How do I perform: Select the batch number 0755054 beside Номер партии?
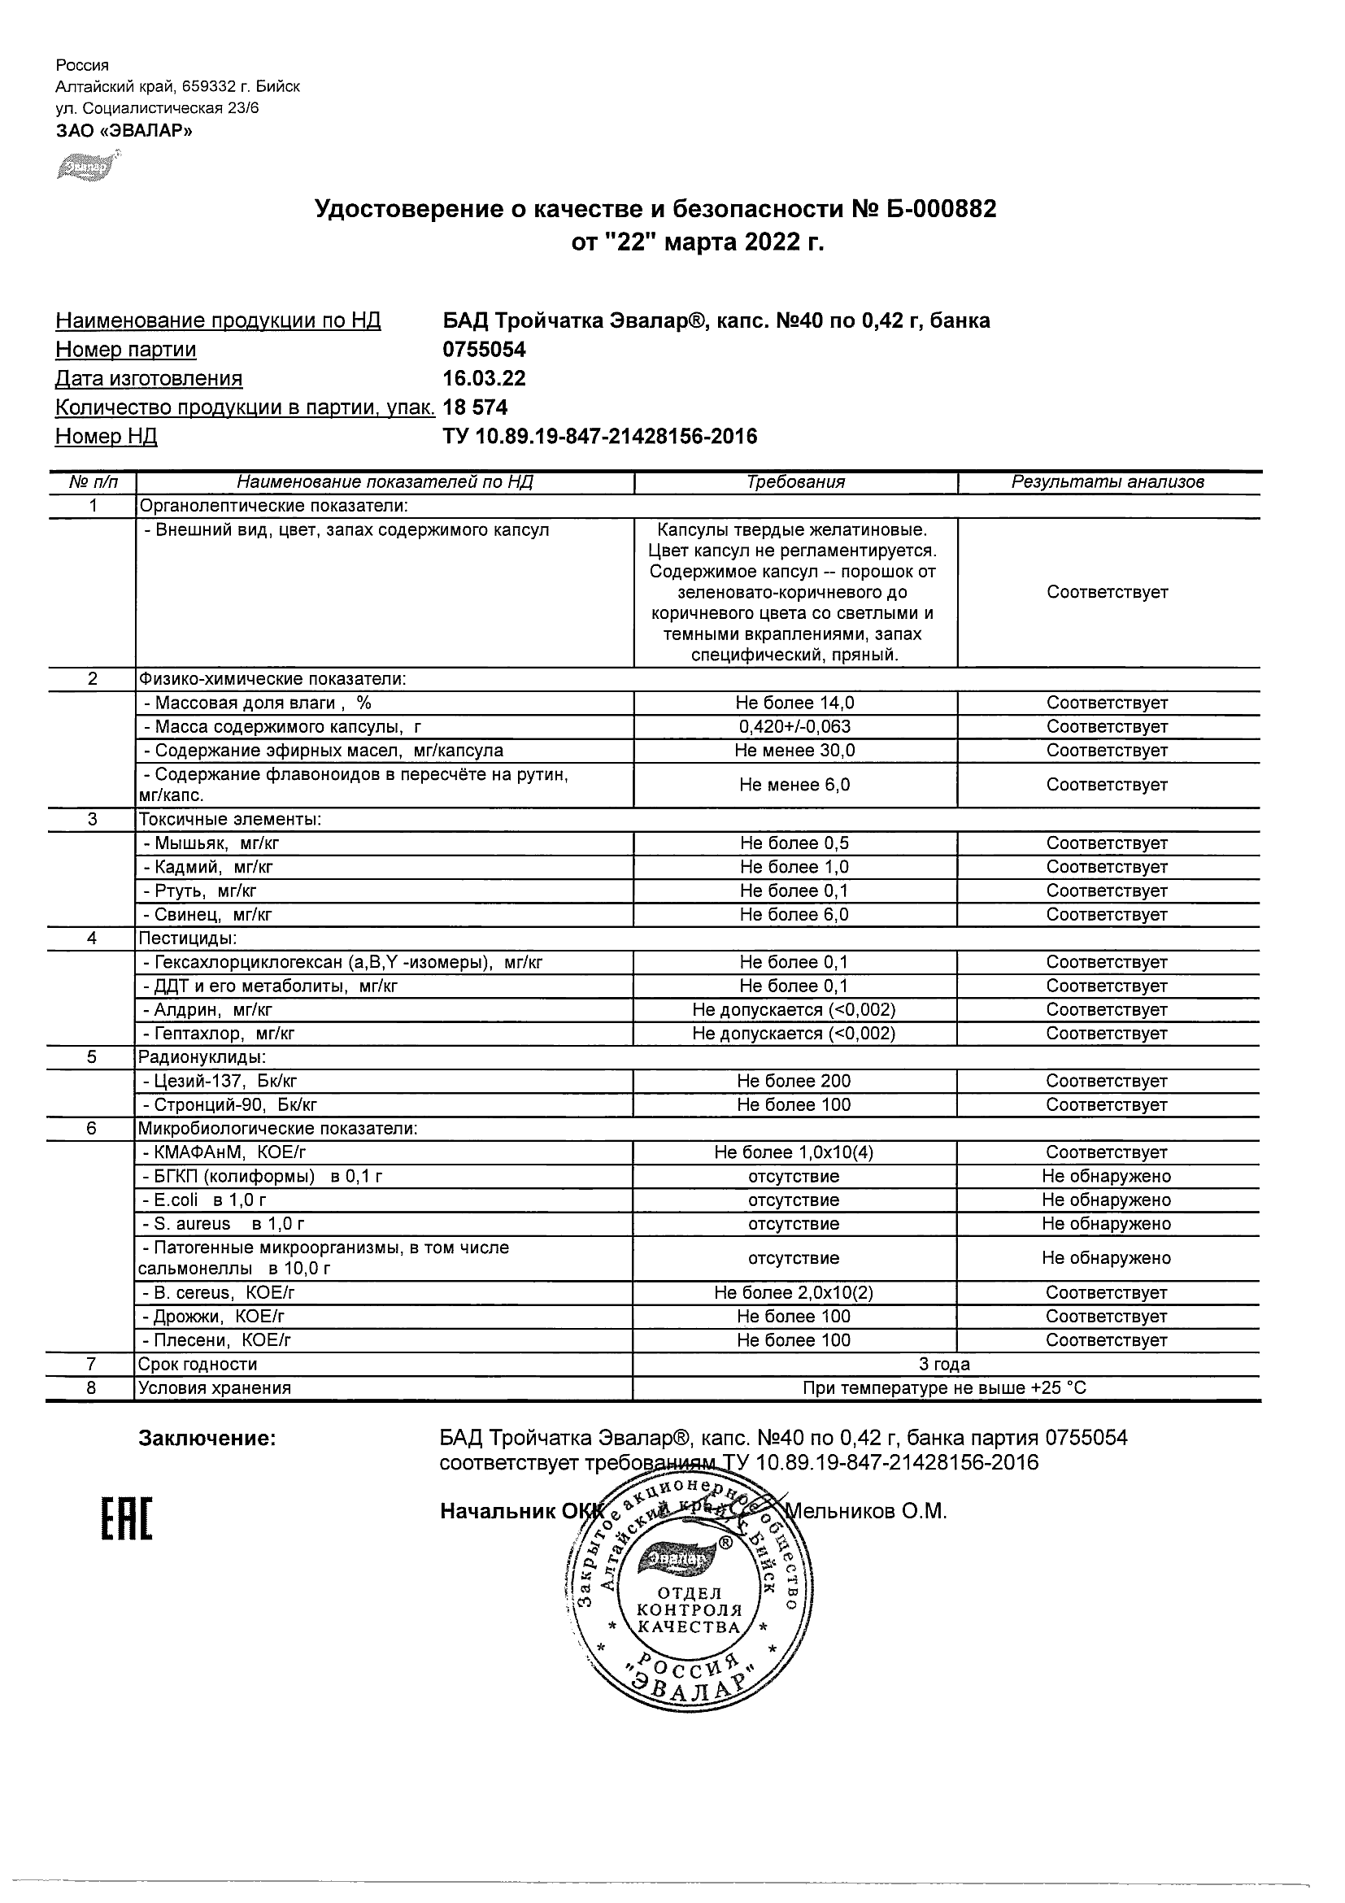click(485, 350)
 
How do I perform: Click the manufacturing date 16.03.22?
click(485, 379)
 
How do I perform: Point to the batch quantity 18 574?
click(476, 407)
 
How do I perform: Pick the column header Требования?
click(795, 482)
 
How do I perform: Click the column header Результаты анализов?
click(1108, 482)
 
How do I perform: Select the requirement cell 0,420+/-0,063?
click(794, 727)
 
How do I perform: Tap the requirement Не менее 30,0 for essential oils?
click(794, 751)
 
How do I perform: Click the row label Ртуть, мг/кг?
click(200, 891)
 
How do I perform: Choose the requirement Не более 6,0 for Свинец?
click(794, 915)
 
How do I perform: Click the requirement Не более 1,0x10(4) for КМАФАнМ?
click(794, 1153)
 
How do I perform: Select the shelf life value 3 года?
click(945, 1365)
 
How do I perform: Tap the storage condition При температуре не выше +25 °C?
click(945, 1388)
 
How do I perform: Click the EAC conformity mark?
click(127, 1519)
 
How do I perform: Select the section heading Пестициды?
click(188, 938)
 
